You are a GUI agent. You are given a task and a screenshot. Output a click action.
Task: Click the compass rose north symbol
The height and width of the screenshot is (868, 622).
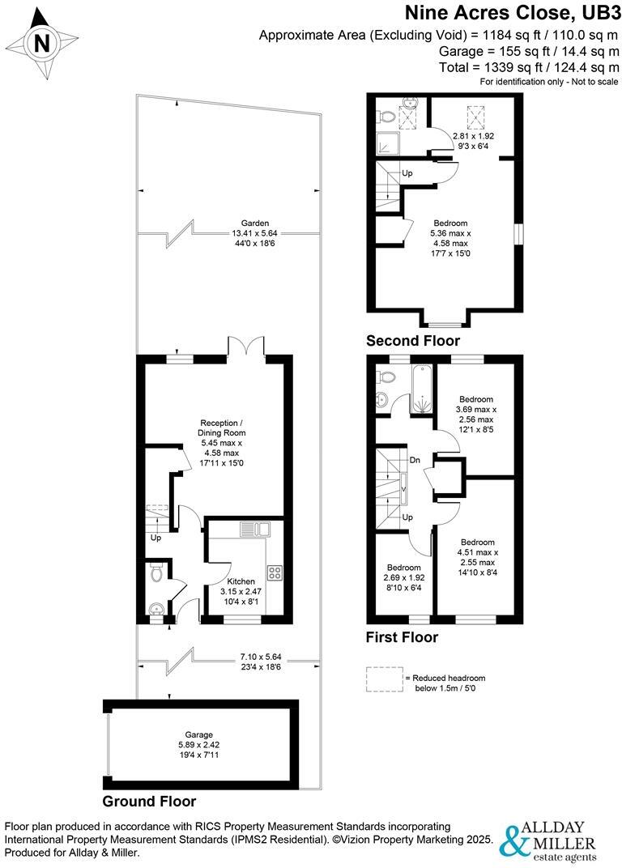pyautogui.click(x=40, y=42)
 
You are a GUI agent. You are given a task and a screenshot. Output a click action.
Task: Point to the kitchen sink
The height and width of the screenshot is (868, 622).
pyautogui.click(x=255, y=530)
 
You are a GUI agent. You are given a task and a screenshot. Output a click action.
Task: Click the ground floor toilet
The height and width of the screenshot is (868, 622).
pyautogui.click(x=158, y=574)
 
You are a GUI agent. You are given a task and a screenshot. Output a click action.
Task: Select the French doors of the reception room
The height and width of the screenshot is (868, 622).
pyautogui.click(x=247, y=347)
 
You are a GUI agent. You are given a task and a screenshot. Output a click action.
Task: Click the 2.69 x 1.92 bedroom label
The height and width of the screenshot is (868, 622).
pyautogui.click(x=403, y=578)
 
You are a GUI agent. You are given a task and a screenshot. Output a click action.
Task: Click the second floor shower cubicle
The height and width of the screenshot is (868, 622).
pyautogui.click(x=388, y=143)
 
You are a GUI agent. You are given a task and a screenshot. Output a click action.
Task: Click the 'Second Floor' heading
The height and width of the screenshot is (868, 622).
pyautogui.click(x=413, y=341)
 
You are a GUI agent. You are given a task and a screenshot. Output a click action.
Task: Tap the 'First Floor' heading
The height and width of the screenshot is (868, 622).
pyautogui.click(x=403, y=637)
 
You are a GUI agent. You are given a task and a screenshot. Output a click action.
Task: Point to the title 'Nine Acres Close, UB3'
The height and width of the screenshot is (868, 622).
pyautogui.click(x=512, y=14)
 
